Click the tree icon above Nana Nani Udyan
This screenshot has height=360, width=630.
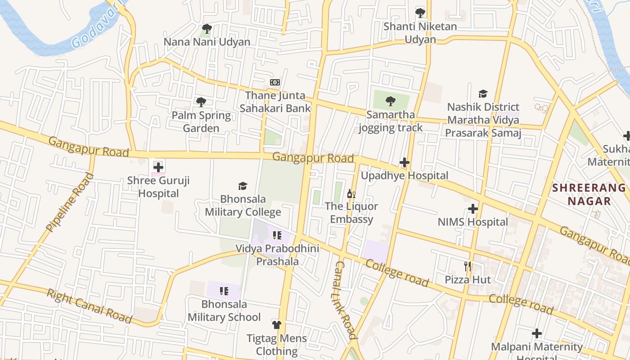point(207,29)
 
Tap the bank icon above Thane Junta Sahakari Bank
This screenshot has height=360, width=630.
point(275,82)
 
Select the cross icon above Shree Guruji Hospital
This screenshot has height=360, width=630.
point(158,167)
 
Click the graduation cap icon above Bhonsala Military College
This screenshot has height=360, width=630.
point(243,186)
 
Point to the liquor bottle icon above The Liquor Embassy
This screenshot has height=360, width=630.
point(351,194)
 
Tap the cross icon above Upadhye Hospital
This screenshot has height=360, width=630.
point(404,162)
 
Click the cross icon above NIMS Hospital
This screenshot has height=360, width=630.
point(472,209)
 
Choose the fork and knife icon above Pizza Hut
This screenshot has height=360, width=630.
point(468,266)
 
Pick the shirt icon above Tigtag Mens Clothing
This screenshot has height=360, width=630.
point(276,325)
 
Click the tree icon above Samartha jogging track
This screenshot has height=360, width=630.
point(391,101)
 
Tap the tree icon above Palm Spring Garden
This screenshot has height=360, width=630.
point(201,102)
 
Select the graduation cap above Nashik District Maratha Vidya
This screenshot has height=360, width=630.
point(483,94)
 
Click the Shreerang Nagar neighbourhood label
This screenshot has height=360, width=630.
point(589,194)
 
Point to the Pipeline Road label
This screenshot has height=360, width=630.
point(70,202)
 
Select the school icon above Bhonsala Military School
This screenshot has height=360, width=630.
point(224,291)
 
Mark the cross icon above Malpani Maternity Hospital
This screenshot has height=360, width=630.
point(536,333)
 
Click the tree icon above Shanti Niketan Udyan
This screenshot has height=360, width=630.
point(420,13)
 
